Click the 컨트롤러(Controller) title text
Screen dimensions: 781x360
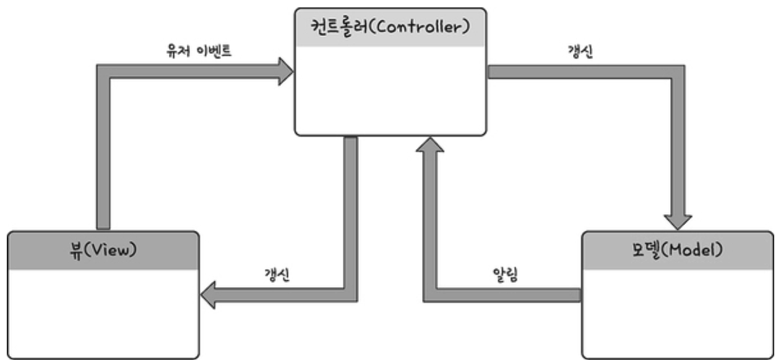(x=390, y=27)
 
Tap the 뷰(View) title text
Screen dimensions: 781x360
(x=103, y=251)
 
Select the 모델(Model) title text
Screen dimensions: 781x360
(x=678, y=250)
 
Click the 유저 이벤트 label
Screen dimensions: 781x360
(x=199, y=51)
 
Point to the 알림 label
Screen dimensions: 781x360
(x=505, y=275)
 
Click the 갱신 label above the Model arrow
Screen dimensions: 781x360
(x=580, y=51)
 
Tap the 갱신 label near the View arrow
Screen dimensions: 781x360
(x=277, y=275)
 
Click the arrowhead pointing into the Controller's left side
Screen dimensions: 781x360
(x=286, y=71)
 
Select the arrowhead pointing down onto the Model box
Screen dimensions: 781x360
(x=678, y=222)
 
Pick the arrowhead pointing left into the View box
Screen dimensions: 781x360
(x=208, y=295)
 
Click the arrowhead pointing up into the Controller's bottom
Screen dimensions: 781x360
(x=430, y=145)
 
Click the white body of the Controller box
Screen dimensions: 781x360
(x=390, y=90)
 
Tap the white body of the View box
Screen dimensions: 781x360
(x=103, y=314)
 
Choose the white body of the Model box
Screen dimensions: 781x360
(x=678, y=314)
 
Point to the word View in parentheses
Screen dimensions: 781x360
(x=111, y=251)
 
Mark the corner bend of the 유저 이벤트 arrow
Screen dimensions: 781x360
(x=103, y=71)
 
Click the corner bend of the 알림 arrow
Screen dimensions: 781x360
(x=430, y=295)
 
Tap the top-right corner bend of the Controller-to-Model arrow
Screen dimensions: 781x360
(x=678, y=72)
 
